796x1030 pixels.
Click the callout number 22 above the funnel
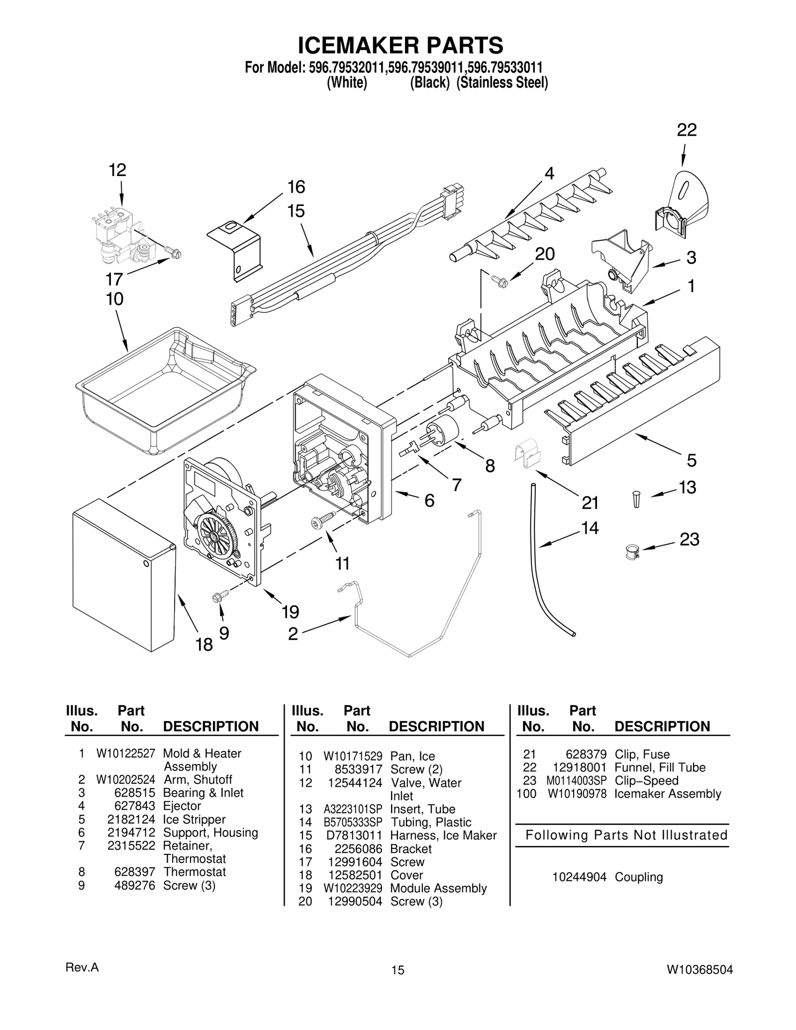point(687,130)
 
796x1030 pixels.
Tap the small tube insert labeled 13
point(636,499)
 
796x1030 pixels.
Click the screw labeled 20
point(499,281)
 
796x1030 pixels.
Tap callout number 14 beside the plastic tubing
point(590,528)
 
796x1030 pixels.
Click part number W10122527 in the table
point(126,753)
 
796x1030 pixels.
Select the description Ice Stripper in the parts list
point(194,819)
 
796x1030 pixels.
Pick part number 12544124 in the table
point(355,783)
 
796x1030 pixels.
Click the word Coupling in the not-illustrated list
point(639,877)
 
